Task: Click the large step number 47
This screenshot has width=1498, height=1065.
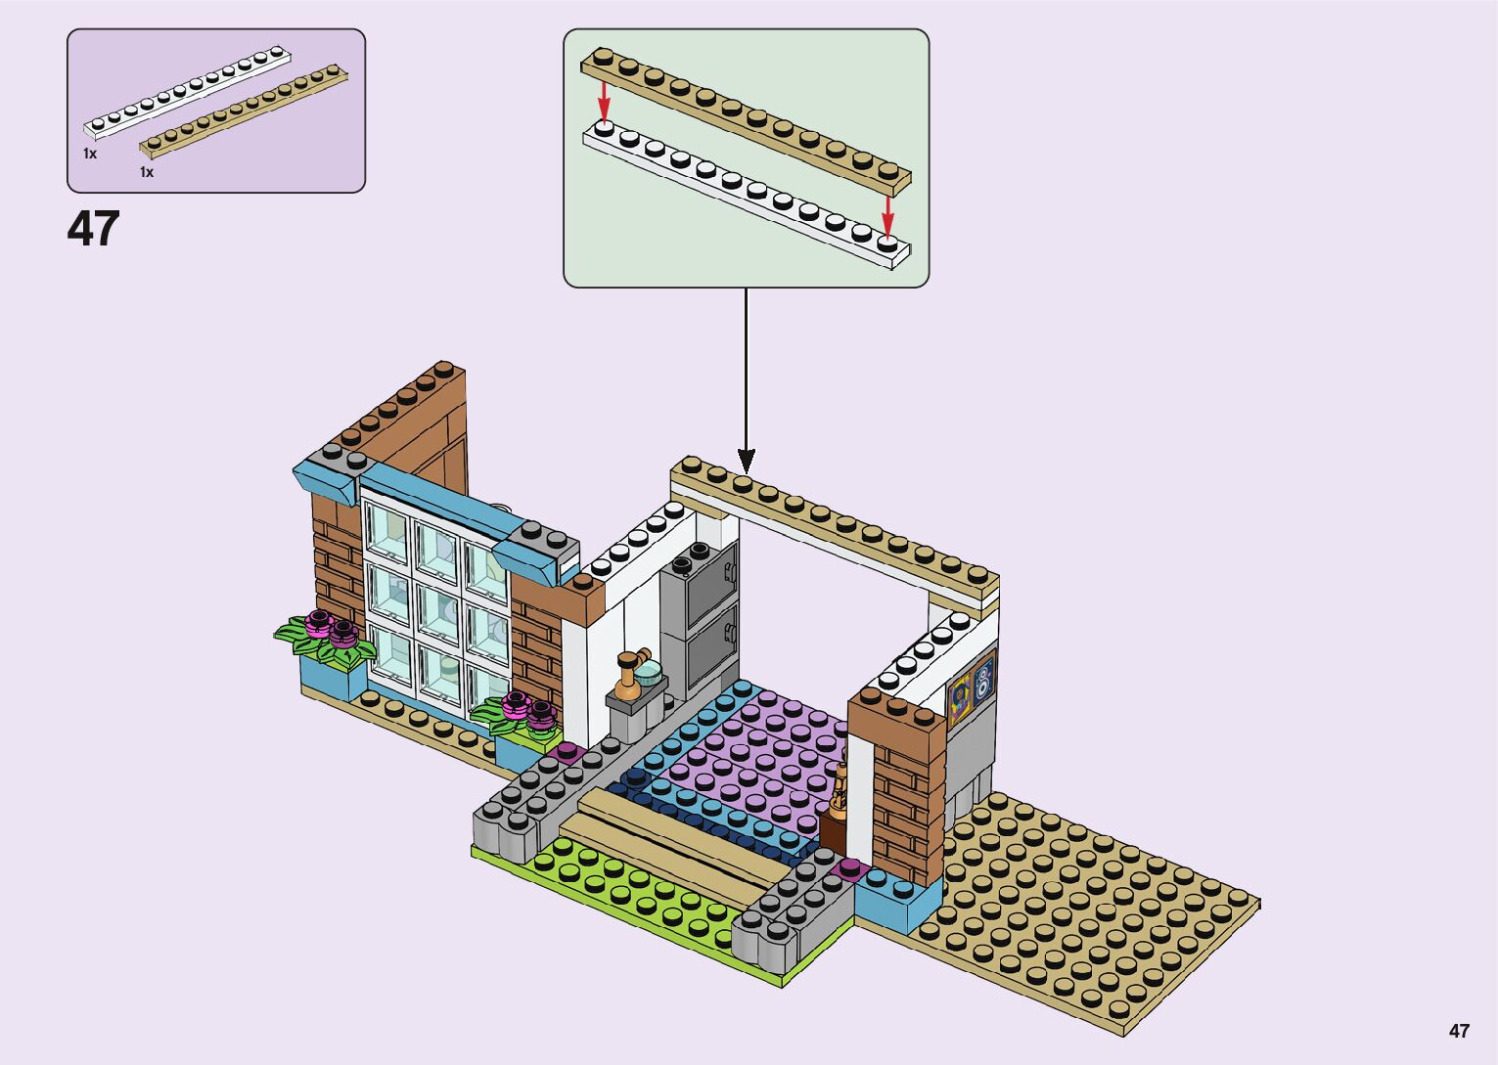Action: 93,229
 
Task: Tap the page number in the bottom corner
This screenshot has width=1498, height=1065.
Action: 1459,1031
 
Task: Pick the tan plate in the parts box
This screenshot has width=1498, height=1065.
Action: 245,113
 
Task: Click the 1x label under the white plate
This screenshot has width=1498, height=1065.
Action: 90,155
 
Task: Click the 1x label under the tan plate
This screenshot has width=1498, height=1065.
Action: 147,172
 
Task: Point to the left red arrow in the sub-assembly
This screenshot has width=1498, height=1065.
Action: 605,99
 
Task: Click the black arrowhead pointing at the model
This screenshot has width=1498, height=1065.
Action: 746,460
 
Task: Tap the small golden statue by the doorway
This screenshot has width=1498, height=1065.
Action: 840,787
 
